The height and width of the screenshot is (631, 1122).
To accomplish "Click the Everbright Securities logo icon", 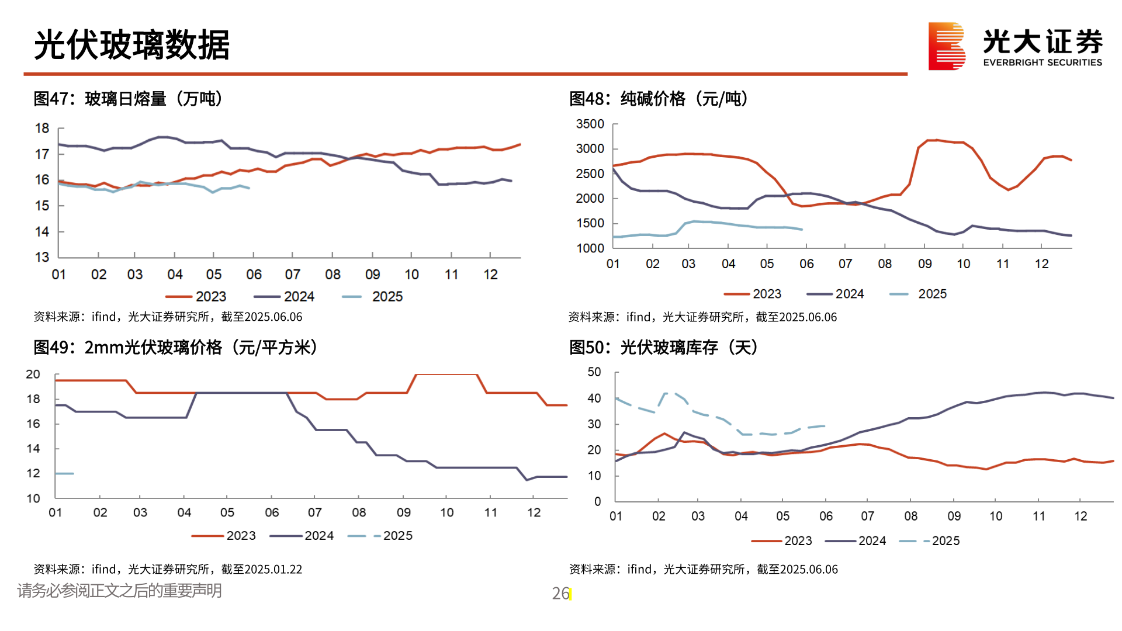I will (x=946, y=46).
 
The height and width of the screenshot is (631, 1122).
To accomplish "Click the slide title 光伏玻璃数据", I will (x=132, y=45).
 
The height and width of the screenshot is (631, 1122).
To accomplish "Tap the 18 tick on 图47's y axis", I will (x=42, y=129).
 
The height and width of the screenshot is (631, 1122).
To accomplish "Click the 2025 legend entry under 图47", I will (x=387, y=297).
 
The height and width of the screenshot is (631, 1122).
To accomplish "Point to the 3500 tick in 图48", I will (x=590, y=124).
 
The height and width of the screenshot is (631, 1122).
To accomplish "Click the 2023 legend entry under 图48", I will (x=766, y=294).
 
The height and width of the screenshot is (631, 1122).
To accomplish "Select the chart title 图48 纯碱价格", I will (x=658, y=99).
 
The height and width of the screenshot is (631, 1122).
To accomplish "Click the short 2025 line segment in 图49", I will (x=64, y=473).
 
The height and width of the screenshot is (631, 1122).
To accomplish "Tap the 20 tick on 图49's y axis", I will (x=33, y=375).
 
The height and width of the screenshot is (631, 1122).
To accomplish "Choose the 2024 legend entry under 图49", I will (x=318, y=536).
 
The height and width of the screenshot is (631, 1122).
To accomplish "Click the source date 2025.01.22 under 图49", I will (x=273, y=569).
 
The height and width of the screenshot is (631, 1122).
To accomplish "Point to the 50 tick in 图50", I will (x=594, y=372).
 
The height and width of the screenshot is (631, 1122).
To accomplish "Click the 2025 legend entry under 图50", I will (x=945, y=541).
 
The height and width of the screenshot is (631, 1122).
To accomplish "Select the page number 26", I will (x=560, y=594).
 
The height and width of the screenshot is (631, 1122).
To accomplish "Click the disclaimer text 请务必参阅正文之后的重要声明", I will (x=119, y=591).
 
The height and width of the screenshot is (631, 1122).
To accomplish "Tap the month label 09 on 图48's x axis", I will (x=924, y=264).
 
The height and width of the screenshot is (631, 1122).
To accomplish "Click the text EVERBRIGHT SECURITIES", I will (x=1042, y=63).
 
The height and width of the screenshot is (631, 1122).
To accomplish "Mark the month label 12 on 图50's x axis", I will (x=1081, y=516).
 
